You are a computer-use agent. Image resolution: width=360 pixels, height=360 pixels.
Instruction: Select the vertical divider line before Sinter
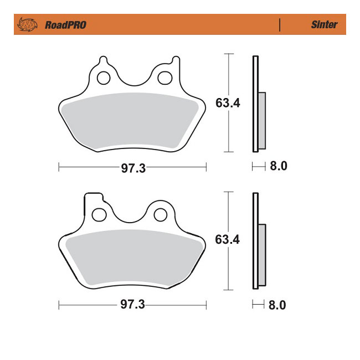(x=280, y=25)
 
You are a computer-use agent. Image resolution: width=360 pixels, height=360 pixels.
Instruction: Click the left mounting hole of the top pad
(x=103, y=78)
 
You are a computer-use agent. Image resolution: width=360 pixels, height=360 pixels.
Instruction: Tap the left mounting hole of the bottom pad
(x=100, y=214)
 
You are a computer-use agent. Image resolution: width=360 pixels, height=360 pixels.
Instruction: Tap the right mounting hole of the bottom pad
(x=160, y=214)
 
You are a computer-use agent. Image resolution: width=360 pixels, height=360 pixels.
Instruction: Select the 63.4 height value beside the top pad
(x=227, y=103)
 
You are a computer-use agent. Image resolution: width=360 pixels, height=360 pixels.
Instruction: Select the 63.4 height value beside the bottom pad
(x=227, y=240)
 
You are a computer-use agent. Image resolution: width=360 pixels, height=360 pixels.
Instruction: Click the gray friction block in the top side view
(x=262, y=120)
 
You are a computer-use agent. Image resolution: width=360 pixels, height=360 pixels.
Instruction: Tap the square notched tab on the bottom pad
(x=93, y=198)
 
